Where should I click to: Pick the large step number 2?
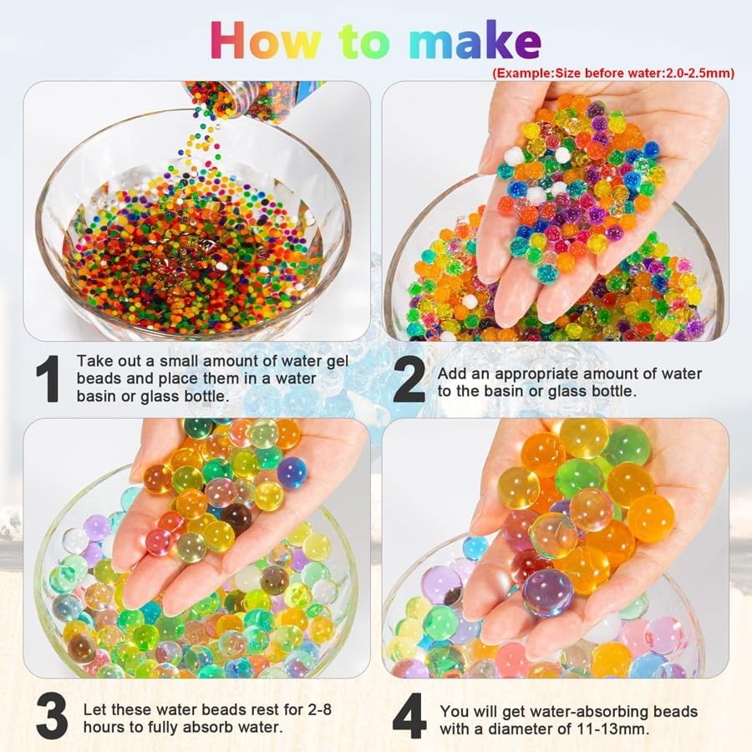point(409,381)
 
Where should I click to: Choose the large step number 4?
point(409,718)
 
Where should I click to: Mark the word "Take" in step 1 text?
point(93,360)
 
